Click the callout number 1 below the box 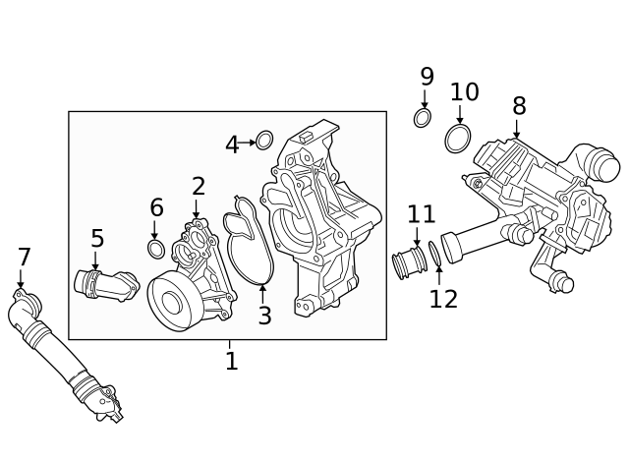click(x=231, y=362)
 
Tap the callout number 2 click(x=199, y=186)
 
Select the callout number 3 click(x=264, y=317)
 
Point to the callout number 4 click(x=232, y=145)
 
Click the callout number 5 click(x=97, y=239)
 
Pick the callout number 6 click(x=156, y=208)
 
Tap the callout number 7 click(x=25, y=259)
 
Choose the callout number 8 click(x=519, y=106)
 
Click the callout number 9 click(x=427, y=77)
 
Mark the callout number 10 click(x=464, y=92)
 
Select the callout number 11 click(x=421, y=214)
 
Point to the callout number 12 click(x=443, y=300)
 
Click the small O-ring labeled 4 click(x=264, y=141)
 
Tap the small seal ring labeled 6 click(x=156, y=249)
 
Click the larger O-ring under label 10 click(x=457, y=139)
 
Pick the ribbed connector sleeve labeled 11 click(x=406, y=263)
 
